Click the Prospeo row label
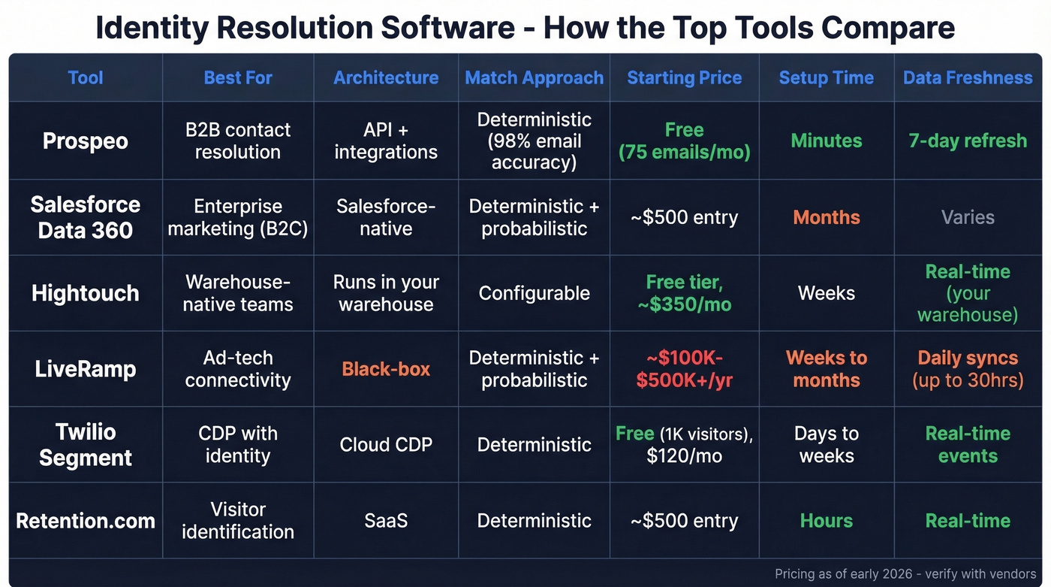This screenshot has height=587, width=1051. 85,141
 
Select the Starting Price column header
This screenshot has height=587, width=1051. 684,78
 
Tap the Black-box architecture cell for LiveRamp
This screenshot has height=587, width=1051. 386,369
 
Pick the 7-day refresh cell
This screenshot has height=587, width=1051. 968,141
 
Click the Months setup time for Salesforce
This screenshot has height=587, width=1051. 826,217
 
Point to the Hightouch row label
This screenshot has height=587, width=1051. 85,293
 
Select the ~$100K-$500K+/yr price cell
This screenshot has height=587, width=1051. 684,369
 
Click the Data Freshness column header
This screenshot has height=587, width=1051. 968,78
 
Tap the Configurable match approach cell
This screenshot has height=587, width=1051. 534,293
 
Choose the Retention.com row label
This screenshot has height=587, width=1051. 85,521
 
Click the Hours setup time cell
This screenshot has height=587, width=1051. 826,521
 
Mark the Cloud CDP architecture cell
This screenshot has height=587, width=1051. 386,445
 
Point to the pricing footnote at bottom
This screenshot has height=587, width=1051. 905,573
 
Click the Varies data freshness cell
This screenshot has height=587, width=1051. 968,217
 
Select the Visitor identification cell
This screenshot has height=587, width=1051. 238,521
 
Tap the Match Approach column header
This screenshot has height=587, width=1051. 534,78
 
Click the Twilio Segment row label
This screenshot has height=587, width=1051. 85,445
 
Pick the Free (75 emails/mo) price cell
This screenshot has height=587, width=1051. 684,141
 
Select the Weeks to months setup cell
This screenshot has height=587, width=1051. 826,369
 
